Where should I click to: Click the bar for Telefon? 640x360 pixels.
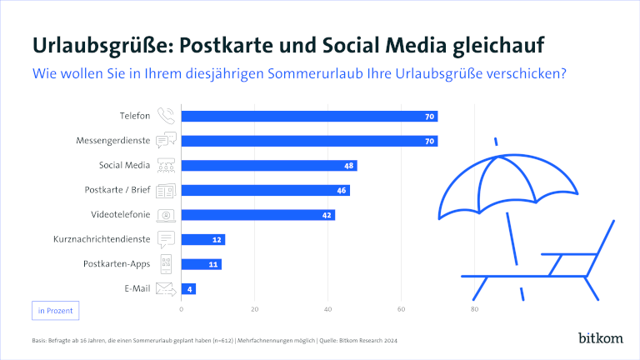click(308, 116)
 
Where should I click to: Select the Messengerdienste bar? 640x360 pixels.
click(308, 141)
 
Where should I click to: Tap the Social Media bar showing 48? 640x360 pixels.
click(268, 166)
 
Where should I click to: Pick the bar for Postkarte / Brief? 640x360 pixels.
click(265, 190)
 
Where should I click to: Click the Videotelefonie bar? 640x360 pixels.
click(257, 215)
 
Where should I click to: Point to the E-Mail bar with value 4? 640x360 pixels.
click(188, 289)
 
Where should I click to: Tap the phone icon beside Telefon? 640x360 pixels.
click(167, 116)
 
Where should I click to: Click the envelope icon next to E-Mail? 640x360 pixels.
click(167, 289)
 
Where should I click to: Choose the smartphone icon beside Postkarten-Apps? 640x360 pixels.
click(167, 265)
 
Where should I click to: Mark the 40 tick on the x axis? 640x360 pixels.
click(327, 309)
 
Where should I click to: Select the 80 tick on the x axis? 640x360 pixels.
click(474, 309)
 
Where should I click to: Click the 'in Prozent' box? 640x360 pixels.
click(55, 311)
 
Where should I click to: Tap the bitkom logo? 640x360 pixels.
click(599, 337)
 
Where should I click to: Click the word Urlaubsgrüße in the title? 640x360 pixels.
click(89, 43)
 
